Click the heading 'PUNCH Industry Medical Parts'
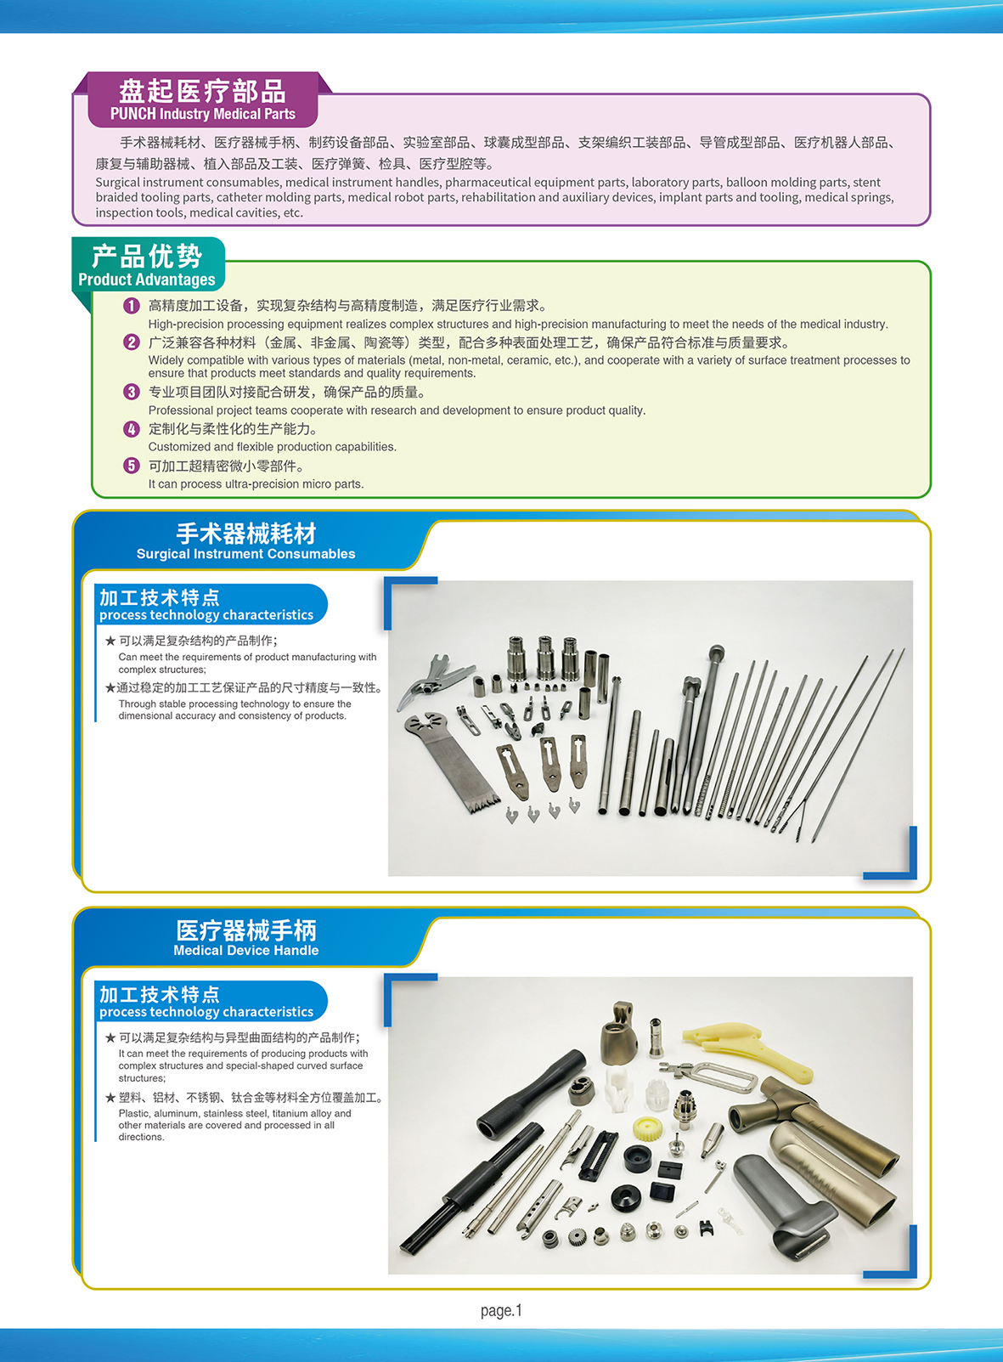202,114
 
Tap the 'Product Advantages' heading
147,280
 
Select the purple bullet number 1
131,306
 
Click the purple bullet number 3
131,392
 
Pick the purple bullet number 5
131,466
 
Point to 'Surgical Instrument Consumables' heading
245,554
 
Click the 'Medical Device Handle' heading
245,951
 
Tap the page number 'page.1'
501,1310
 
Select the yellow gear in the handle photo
649,1128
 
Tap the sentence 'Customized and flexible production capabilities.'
272,447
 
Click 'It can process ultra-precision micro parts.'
256,484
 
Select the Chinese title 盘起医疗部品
202,91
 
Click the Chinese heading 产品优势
147,256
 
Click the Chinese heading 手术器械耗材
245,534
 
